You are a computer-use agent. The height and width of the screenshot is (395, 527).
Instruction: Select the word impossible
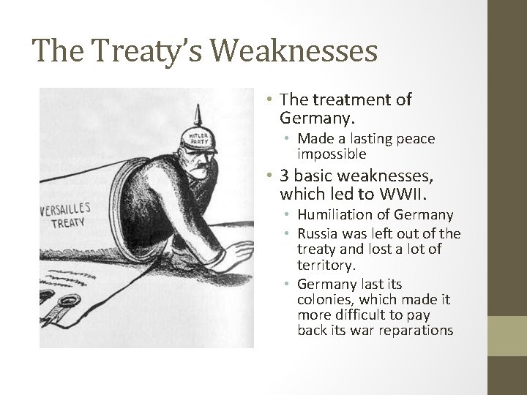332,155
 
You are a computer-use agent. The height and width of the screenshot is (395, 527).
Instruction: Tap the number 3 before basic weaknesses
285,177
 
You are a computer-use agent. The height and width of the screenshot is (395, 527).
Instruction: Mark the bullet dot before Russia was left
289,234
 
